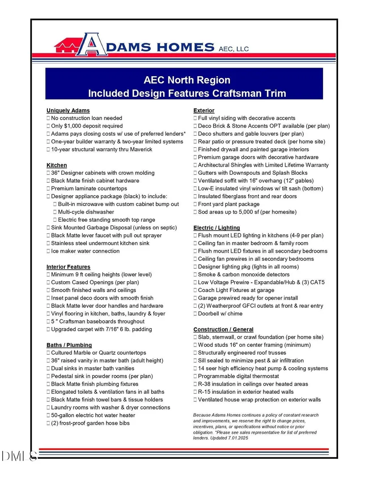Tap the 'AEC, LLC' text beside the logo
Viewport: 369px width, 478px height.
[233, 49]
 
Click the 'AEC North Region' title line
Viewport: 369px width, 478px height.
[187, 80]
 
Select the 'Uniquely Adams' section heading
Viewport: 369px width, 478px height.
[68, 110]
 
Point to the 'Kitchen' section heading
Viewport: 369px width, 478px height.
[57, 165]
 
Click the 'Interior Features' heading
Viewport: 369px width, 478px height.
[68, 267]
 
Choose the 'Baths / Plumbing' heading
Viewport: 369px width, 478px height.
[69, 345]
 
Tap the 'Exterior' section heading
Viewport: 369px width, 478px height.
[204, 110]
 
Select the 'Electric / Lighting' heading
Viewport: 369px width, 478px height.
[216, 228]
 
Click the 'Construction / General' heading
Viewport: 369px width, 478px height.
[223, 329]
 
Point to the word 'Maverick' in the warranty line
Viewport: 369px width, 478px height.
[140, 149]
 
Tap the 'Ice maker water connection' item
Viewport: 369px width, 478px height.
[85, 251]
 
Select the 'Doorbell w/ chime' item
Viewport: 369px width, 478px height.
[220, 314]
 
